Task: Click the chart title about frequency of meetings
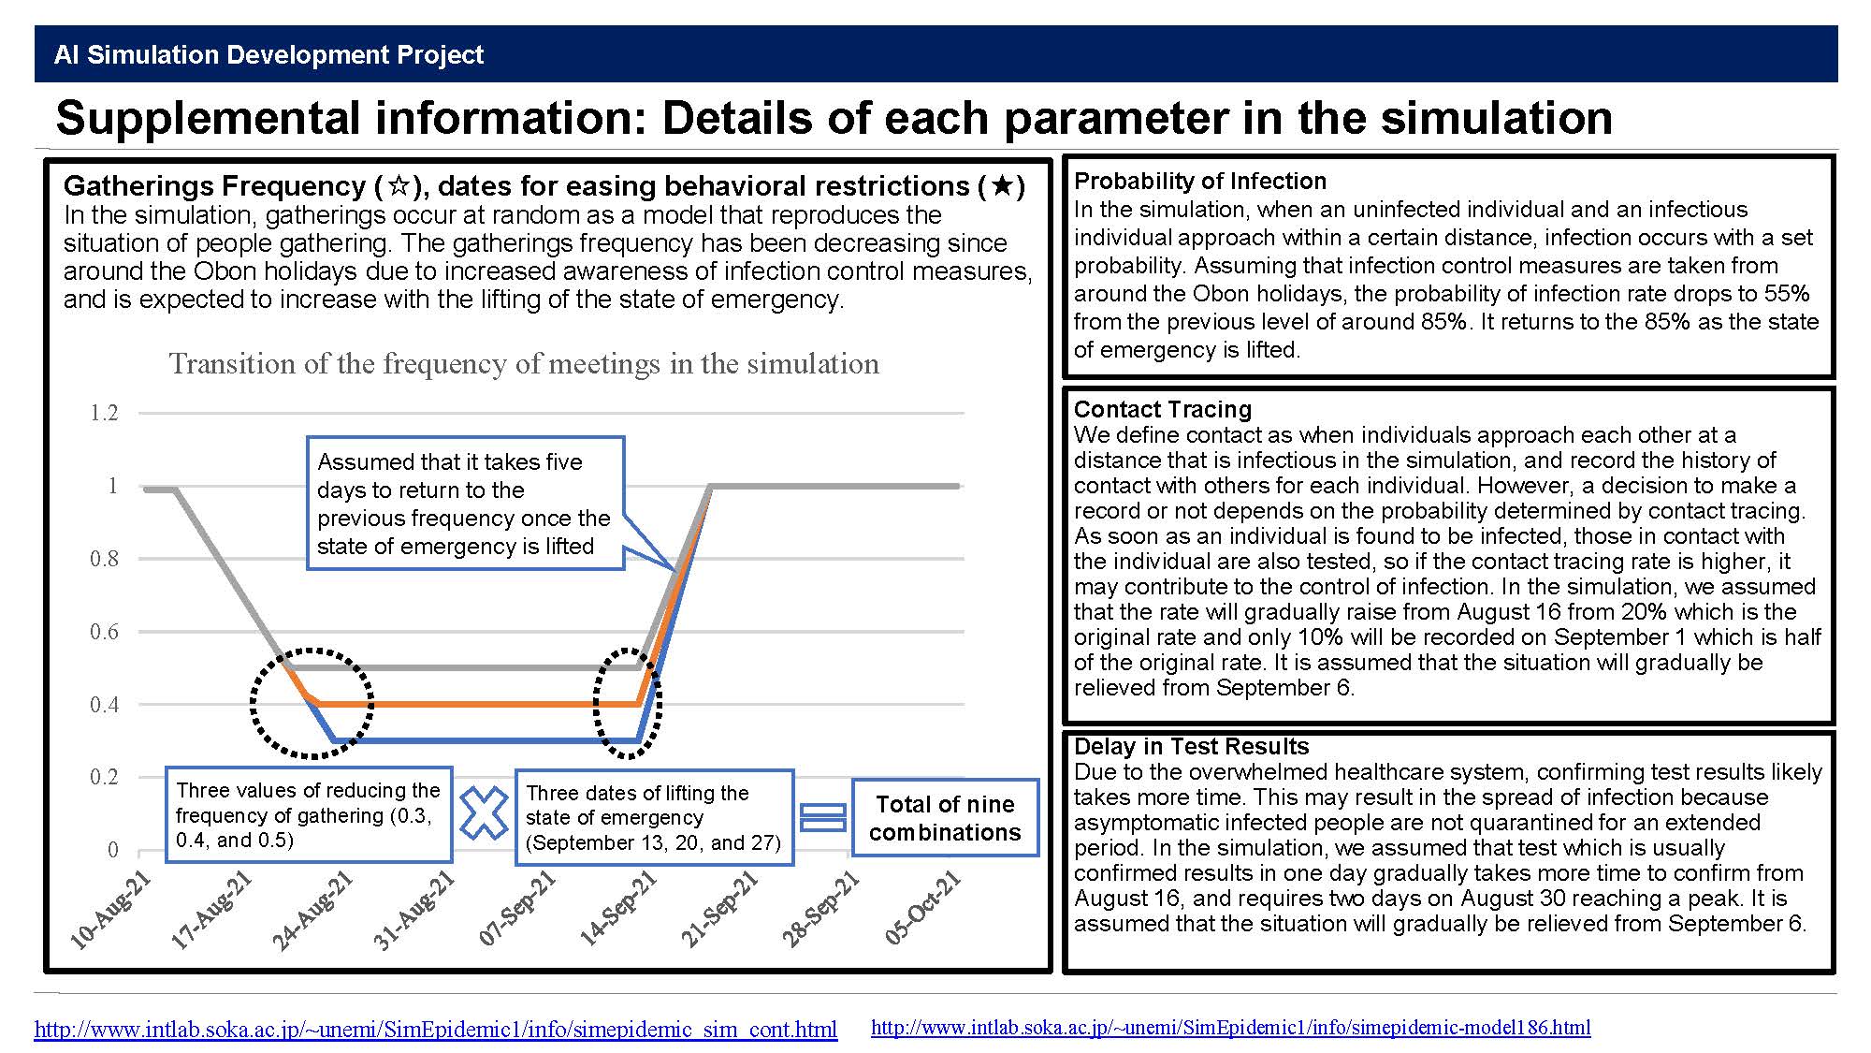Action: point(524,363)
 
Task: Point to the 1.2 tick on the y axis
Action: point(104,413)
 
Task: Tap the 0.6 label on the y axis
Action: point(104,632)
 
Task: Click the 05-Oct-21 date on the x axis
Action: point(923,907)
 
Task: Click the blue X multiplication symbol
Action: point(484,812)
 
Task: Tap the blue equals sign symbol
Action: point(823,817)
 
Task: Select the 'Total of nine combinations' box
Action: point(945,817)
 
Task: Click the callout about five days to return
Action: point(465,504)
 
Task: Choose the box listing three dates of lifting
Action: point(654,817)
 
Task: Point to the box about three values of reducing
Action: point(309,814)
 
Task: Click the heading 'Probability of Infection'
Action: point(1200,181)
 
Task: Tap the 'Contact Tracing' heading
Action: point(1163,409)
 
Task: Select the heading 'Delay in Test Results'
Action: point(1192,746)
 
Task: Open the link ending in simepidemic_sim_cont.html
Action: point(436,1030)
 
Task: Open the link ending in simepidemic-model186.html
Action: point(1231,1027)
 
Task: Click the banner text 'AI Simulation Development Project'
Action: point(269,54)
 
